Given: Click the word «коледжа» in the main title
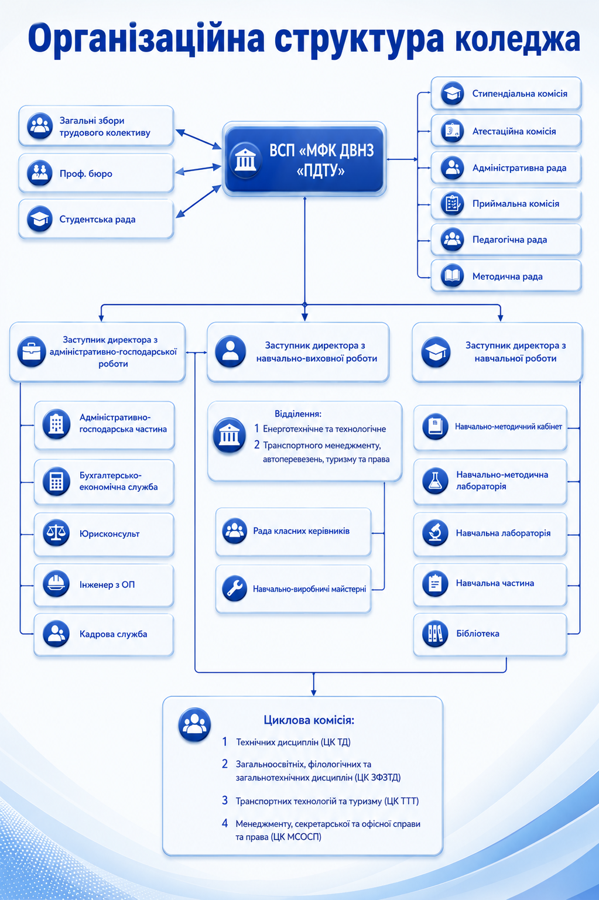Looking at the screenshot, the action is coord(518,39).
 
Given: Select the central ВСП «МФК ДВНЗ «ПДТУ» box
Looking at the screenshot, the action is coord(304,159).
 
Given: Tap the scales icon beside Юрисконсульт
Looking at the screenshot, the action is coord(56,533).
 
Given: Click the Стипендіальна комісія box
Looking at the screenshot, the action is coord(506,93).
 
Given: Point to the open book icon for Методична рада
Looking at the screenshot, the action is coord(453,276).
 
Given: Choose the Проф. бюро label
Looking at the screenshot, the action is coord(86,173).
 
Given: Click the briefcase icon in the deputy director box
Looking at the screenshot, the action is coord(32,351).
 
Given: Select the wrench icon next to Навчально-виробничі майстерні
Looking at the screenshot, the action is coord(234,588).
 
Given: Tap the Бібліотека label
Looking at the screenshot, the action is coord(478,633).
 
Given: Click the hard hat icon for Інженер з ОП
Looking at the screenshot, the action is coord(56,584).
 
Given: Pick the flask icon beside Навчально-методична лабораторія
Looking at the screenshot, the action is coord(435,481).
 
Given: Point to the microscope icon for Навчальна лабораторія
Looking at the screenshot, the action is coord(435,533).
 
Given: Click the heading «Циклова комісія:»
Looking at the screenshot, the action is coord(309,720).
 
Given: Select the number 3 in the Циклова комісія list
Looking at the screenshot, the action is coord(225,800).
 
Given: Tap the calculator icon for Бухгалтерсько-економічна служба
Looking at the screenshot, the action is coord(56,481).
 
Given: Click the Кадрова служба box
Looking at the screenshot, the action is coord(104,634).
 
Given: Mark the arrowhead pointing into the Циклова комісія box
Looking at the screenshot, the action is coord(314,692).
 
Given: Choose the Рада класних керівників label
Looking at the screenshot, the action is coord(302,531).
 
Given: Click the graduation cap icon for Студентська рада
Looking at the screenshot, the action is coord(39,219).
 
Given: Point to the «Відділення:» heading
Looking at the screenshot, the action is coord(297,413).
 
